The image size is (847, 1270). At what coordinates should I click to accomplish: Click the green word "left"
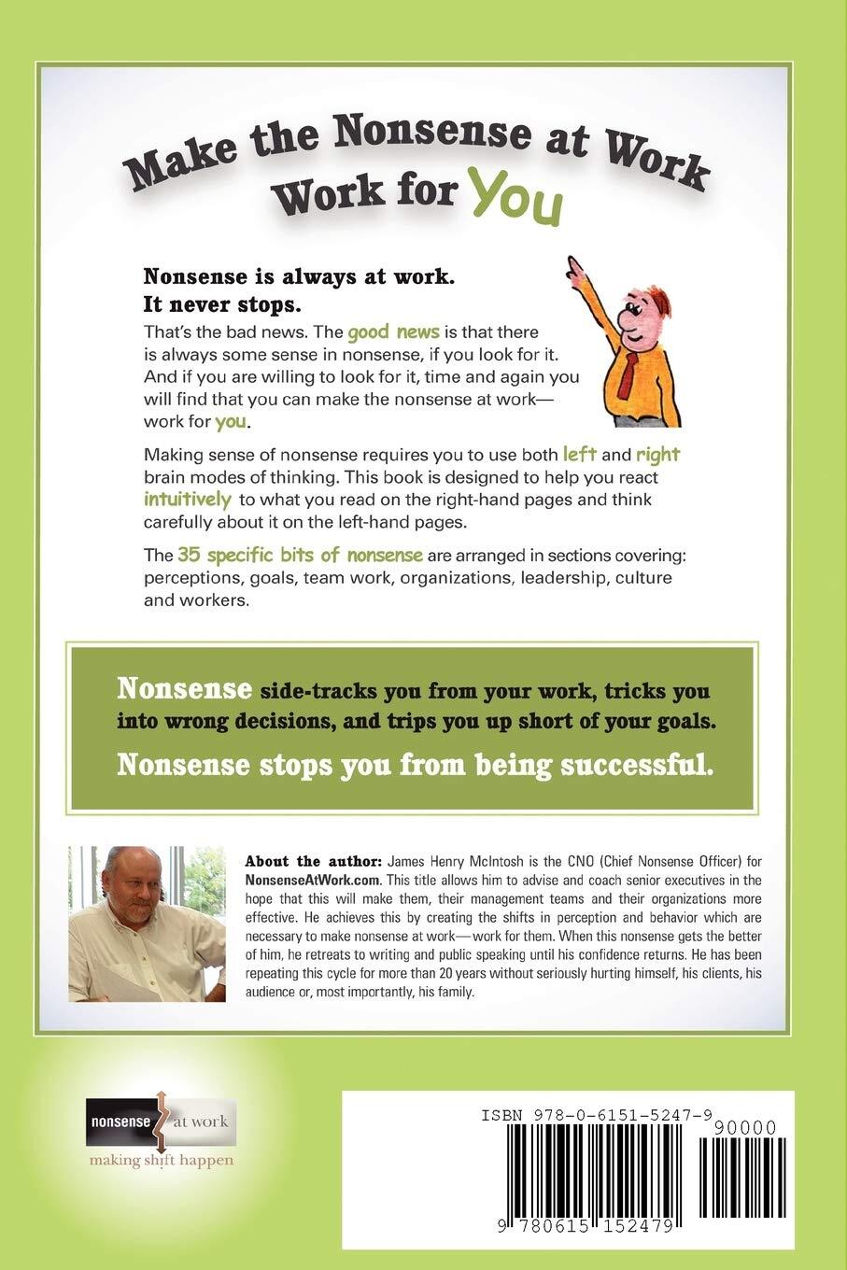[x=579, y=455]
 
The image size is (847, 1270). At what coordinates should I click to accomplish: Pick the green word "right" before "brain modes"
[x=657, y=455]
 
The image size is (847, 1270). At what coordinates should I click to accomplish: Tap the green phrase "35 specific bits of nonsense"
[x=301, y=555]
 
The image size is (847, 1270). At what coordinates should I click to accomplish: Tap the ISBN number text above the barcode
[x=598, y=1115]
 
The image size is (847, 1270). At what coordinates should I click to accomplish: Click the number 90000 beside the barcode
[x=742, y=1128]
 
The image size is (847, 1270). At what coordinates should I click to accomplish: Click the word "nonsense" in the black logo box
[x=119, y=1122]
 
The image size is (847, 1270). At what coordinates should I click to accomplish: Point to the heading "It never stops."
[x=223, y=304]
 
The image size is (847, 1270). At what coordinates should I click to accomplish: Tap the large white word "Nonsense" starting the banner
[x=184, y=690]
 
